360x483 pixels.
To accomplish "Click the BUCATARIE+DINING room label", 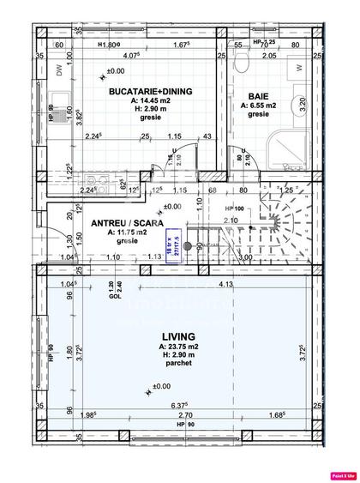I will (150, 90).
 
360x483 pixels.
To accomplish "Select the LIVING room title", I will (176, 336).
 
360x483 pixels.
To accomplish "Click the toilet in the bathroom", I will (243, 60).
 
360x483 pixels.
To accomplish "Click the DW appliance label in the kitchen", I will (60, 72).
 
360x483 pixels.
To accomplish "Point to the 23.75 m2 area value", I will (175, 347).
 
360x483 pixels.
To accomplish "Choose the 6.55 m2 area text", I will (258, 106).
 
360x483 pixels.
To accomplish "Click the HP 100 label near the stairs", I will (236, 208).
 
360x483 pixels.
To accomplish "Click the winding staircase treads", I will (274, 227).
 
